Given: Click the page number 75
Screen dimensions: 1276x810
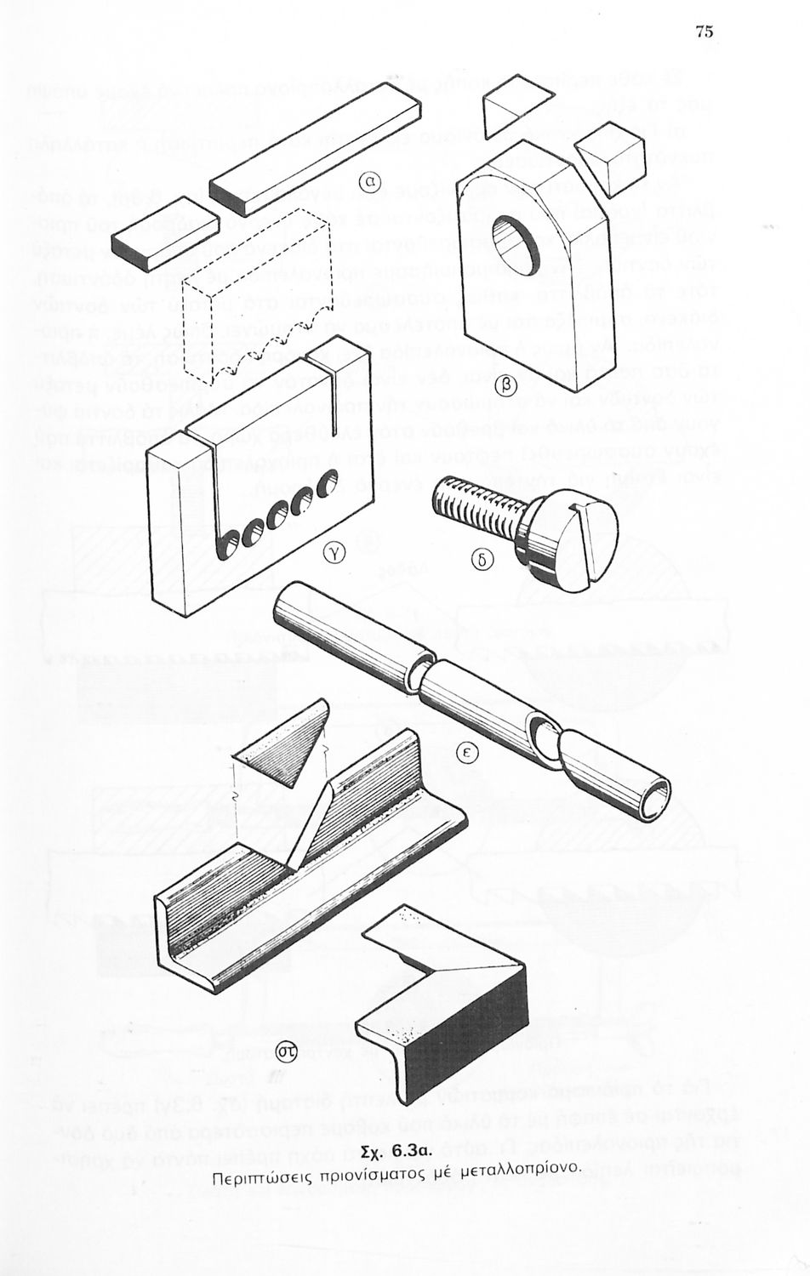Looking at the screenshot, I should tap(704, 32).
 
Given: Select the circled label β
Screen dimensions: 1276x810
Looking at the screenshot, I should tap(505, 384).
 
